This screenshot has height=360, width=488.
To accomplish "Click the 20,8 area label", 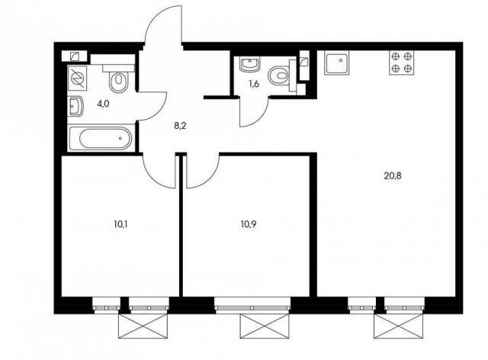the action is [393, 176].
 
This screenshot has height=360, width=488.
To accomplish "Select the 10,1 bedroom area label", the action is [120, 224].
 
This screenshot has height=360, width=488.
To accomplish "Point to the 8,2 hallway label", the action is [180, 127].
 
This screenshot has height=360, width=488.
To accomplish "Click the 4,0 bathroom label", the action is [103, 104].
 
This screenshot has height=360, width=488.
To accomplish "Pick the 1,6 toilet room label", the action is [254, 84].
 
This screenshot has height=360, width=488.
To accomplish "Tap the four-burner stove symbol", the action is [402, 63].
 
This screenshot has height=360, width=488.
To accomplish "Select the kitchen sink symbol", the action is [337, 63].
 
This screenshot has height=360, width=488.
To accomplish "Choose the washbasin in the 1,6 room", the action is [249, 64].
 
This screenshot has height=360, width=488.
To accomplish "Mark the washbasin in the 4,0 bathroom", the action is [75, 106].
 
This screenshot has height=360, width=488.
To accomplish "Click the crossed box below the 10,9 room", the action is [265, 326].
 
